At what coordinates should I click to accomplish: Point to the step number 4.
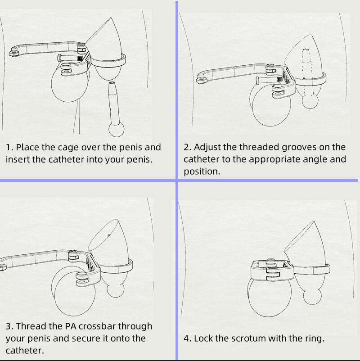(x=187, y=338)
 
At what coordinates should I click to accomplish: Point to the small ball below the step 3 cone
(x=117, y=288)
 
